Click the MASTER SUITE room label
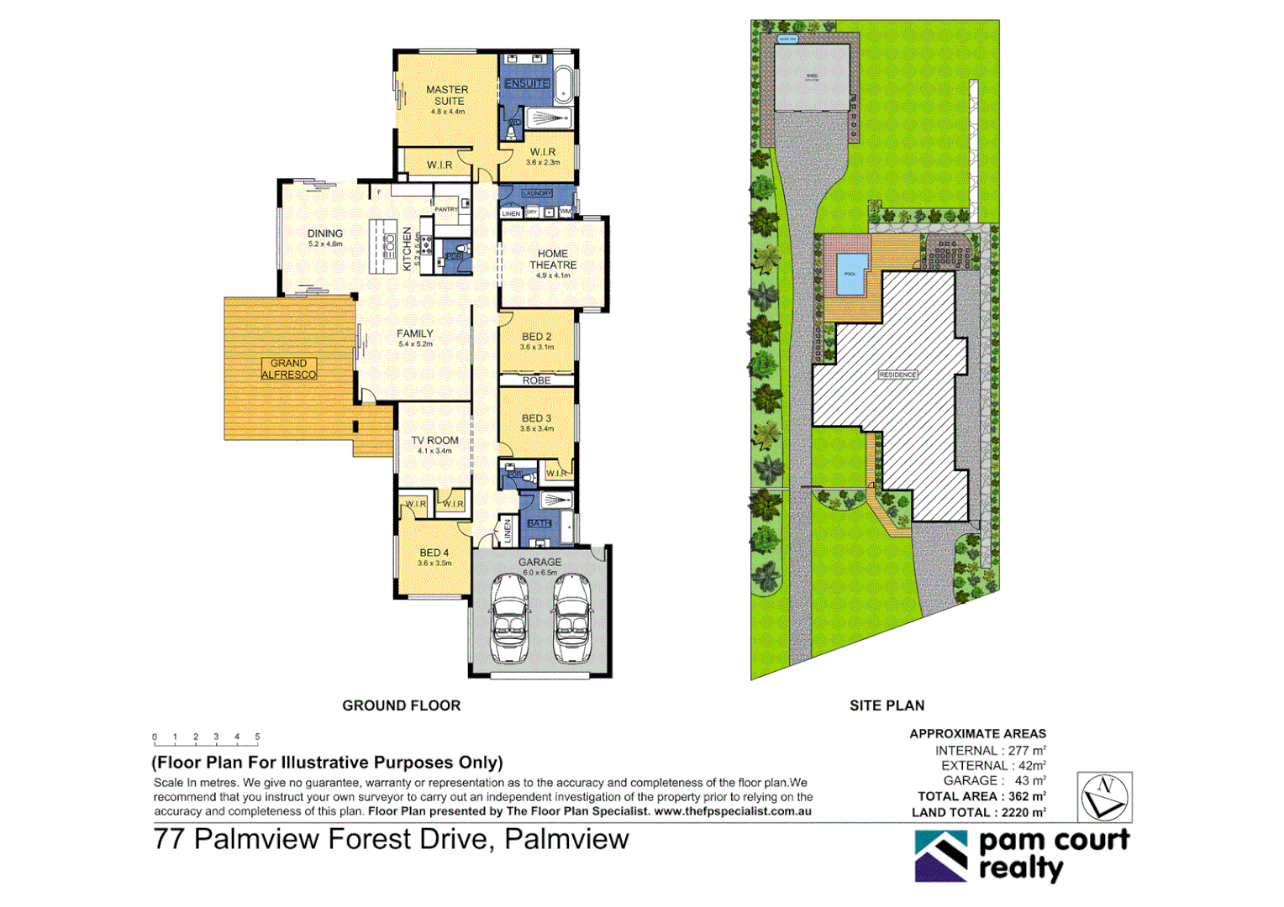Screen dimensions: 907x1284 (447, 95)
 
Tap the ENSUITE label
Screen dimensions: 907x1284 (527, 83)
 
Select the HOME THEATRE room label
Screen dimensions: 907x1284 (553, 259)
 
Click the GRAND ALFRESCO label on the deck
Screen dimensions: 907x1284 (288, 369)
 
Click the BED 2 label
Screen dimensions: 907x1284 (536, 337)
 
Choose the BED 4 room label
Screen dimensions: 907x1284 (434, 553)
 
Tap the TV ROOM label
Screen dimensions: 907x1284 (434, 440)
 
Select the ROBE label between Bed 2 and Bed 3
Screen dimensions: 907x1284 (536, 380)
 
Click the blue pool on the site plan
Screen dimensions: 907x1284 (850, 274)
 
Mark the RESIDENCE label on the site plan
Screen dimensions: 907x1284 (897, 375)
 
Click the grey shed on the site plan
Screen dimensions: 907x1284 (811, 77)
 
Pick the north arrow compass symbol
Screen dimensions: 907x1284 (1104, 797)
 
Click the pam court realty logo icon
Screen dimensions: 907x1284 (941, 856)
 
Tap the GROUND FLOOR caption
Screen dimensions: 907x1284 (401, 705)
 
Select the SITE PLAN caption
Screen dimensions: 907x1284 (887, 705)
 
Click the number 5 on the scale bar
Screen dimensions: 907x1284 (257, 737)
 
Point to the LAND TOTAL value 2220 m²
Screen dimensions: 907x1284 (1024, 812)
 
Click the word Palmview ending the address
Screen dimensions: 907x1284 (566, 839)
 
